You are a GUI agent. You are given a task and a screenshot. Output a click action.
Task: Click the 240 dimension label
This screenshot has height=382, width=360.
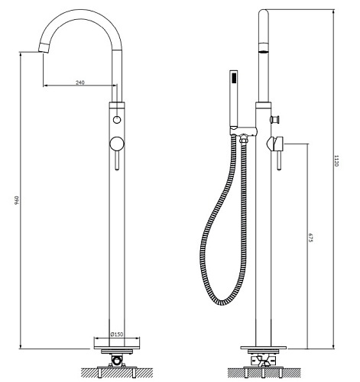79,83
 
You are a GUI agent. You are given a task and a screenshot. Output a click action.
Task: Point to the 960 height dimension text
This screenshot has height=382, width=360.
17,200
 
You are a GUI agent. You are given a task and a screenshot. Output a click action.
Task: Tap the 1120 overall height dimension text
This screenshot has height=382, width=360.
336,160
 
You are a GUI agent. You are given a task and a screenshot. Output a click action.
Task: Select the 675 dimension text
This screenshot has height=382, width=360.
310,238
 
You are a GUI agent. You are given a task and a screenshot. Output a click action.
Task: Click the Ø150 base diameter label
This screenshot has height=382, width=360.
117,334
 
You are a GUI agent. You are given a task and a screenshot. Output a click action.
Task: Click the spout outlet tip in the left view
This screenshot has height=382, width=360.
44,48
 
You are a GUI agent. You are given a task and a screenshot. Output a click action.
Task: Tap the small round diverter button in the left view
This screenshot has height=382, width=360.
117,120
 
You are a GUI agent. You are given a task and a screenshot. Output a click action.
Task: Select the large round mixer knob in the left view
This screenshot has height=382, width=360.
117,144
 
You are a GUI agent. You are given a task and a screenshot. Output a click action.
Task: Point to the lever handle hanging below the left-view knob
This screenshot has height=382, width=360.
117,160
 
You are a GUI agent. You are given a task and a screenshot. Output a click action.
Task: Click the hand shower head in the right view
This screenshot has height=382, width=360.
234,99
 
